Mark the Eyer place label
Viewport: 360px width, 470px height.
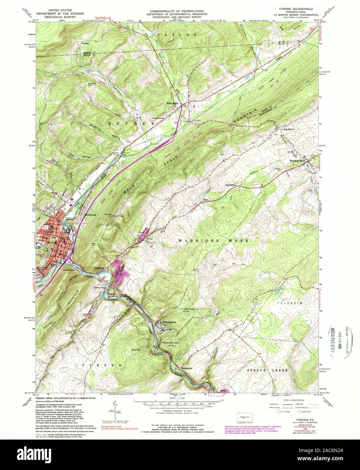pyautogui.click(x=205, y=200)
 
